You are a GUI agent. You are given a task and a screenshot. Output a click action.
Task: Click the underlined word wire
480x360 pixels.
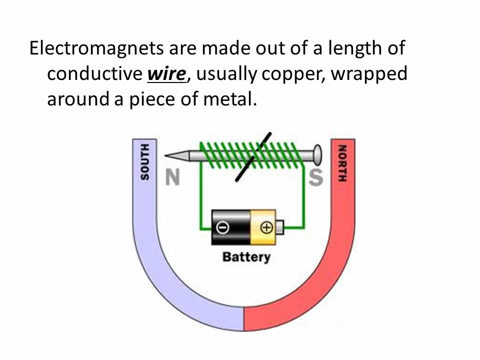click(x=167, y=74)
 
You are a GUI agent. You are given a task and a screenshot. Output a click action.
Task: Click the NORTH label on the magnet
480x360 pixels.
click(x=342, y=163)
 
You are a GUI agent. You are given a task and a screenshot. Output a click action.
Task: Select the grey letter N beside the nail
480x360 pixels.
click(x=172, y=177)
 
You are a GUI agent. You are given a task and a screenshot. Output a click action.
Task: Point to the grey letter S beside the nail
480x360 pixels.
click(x=315, y=177)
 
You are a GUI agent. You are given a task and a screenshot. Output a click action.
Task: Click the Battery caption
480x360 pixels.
click(x=246, y=257)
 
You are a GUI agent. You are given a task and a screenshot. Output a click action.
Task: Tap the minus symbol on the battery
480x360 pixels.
click(x=222, y=227)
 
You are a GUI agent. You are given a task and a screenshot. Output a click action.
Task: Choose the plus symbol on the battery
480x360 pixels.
click(x=266, y=227)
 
